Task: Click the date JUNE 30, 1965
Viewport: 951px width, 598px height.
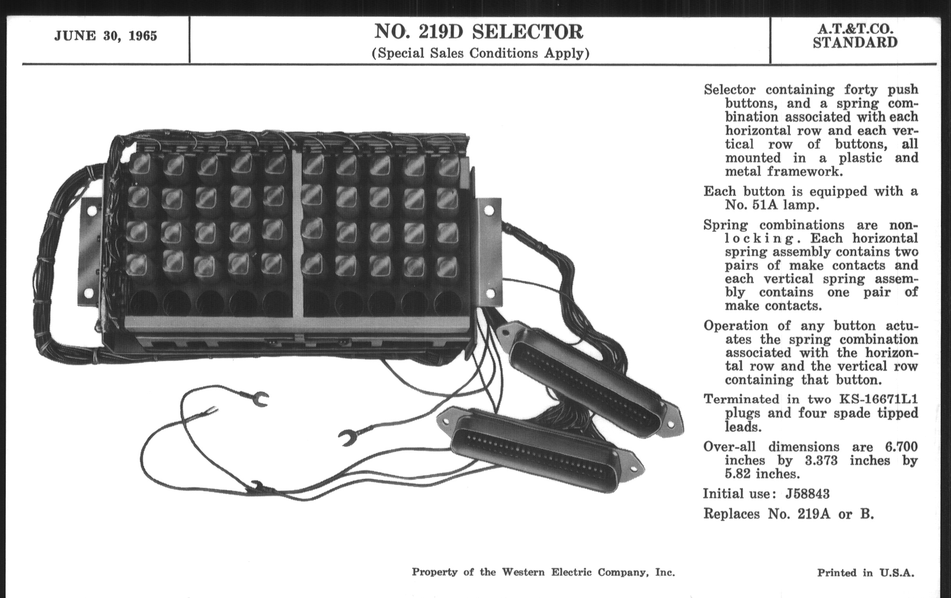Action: [106, 36]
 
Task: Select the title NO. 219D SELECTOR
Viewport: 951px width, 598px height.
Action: [479, 32]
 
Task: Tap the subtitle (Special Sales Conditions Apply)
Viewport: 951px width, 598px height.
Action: [480, 53]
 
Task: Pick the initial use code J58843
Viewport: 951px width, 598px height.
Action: [807, 494]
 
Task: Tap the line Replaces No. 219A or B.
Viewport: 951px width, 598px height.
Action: [788, 514]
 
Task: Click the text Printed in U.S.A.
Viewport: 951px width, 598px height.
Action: [866, 573]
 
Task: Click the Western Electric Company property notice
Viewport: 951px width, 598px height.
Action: [543, 572]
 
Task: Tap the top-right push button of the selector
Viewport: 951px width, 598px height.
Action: [448, 166]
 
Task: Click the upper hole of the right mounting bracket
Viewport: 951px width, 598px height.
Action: [489, 210]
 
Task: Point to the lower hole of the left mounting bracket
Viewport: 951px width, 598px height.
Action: [89, 293]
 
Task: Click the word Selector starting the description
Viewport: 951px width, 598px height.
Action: [729, 90]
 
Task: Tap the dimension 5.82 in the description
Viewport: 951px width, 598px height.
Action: [737, 474]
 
